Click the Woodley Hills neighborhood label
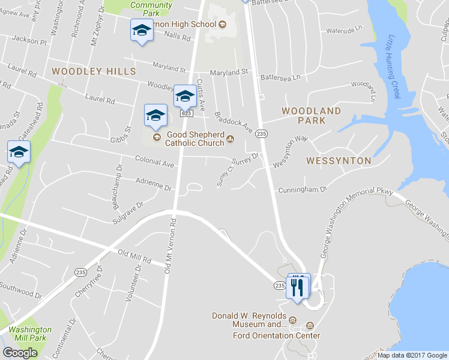click(94, 71)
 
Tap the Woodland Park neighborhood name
click(311, 116)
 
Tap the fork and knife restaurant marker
click(298, 287)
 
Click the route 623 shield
click(186, 113)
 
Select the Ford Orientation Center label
click(277, 335)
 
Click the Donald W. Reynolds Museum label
click(249, 320)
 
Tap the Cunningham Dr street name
click(302, 190)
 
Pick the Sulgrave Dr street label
click(128, 214)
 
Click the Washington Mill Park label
click(30, 334)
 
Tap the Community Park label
click(151, 9)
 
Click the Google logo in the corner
click(20, 353)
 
